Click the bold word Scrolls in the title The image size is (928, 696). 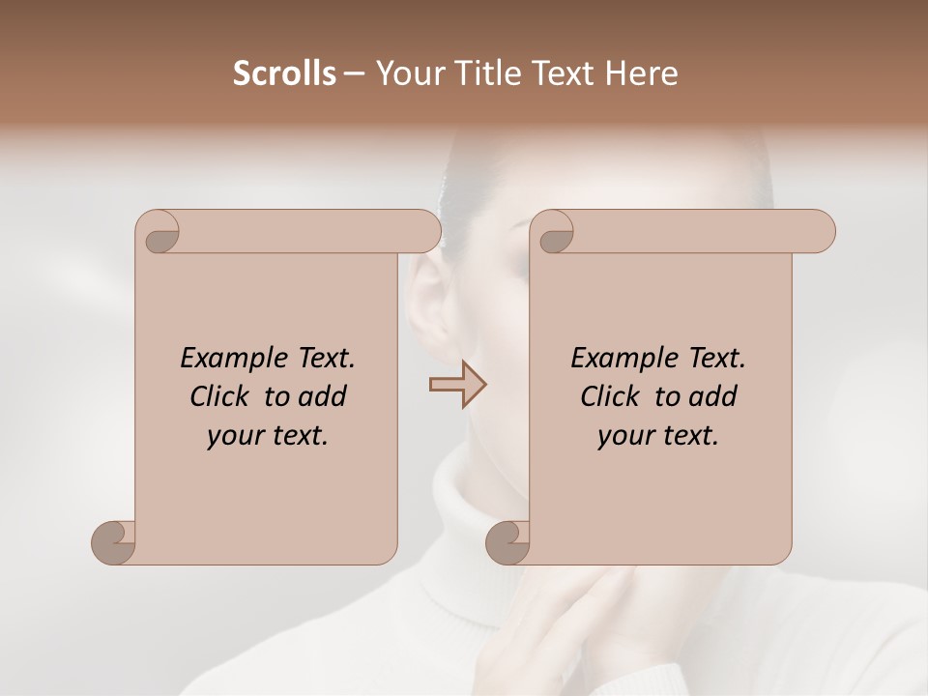click(284, 73)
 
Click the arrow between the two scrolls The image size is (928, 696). click(457, 385)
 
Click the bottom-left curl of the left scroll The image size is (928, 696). click(114, 543)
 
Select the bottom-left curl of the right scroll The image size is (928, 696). click(508, 543)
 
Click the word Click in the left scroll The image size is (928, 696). click(222, 397)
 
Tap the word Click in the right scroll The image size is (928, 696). click(613, 397)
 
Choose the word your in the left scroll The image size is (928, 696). click(232, 437)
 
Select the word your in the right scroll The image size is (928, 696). click(623, 437)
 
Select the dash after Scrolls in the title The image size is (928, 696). click(354, 73)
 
